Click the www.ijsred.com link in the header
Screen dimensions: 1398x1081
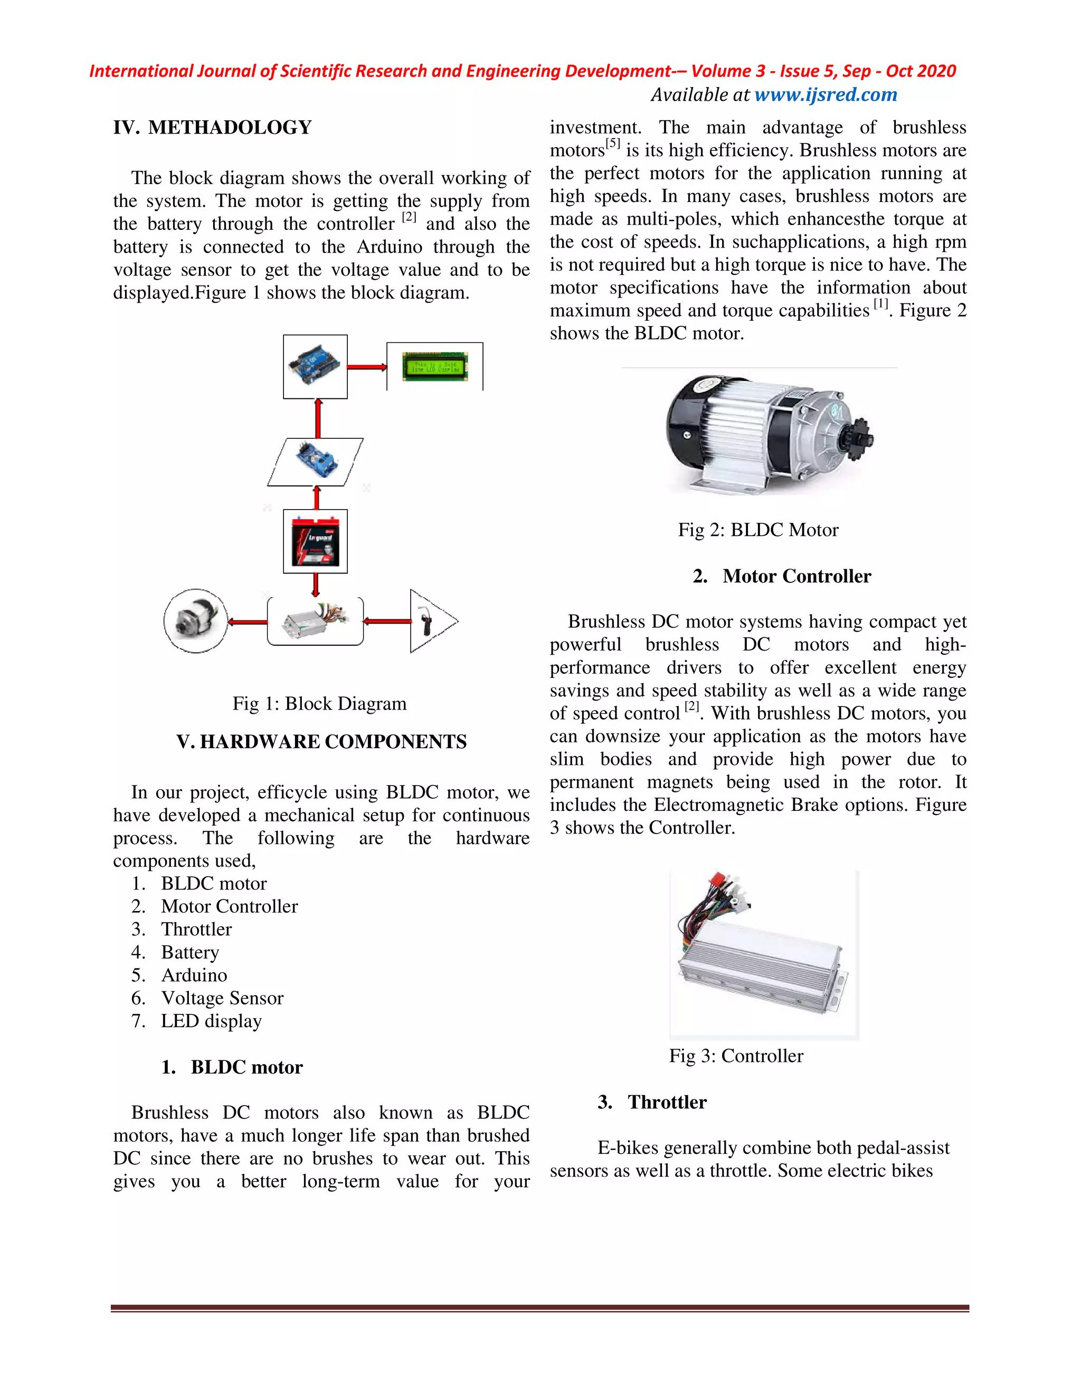coord(826,95)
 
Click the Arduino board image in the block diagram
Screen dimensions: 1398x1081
coord(315,367)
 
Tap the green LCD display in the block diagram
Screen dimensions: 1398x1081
coord(434,366)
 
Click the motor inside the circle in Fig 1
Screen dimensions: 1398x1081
coord(195,621)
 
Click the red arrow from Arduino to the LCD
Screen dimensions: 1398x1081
coord(367,367)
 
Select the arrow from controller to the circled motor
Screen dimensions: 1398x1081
coord(247,621)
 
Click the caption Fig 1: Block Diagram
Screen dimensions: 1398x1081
coord(319,703)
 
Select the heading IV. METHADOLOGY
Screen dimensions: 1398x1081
coord(213,127)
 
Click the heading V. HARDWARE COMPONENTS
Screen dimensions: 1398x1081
coord(321,741)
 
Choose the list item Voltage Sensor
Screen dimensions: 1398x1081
coord(222,998)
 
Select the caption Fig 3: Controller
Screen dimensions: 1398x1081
coord(736,1056)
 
